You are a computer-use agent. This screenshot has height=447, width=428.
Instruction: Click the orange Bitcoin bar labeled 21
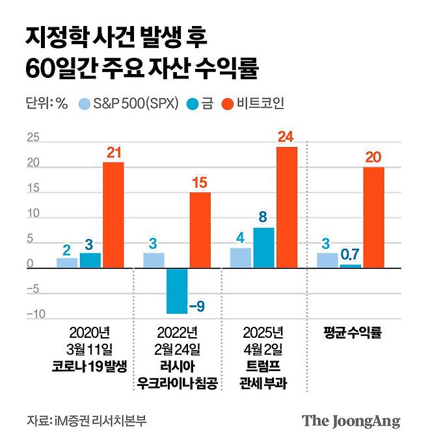pos(113,214)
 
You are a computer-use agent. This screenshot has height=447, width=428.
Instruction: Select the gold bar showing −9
pos(177,290)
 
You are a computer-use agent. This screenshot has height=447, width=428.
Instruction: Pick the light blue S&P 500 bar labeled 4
pos(241,257)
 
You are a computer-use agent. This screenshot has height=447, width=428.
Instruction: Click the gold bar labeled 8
pos(263,248)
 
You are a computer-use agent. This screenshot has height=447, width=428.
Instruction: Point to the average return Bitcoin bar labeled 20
pos(373,217)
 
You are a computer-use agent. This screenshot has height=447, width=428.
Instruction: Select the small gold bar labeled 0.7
pos(351,266)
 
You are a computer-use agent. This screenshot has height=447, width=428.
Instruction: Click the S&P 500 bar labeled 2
pos(67,262)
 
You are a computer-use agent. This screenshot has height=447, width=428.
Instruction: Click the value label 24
pos(286,137)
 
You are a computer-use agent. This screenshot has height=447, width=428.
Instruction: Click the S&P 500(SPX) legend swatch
pos(85,104)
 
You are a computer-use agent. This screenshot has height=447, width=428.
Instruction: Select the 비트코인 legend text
pos(261,104)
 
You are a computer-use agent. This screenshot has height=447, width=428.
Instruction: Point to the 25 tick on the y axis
pos(33,138)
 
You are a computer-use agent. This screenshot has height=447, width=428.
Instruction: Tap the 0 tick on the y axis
pos(30,264)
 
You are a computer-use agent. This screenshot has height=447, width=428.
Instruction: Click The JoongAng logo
pos(351,420)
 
